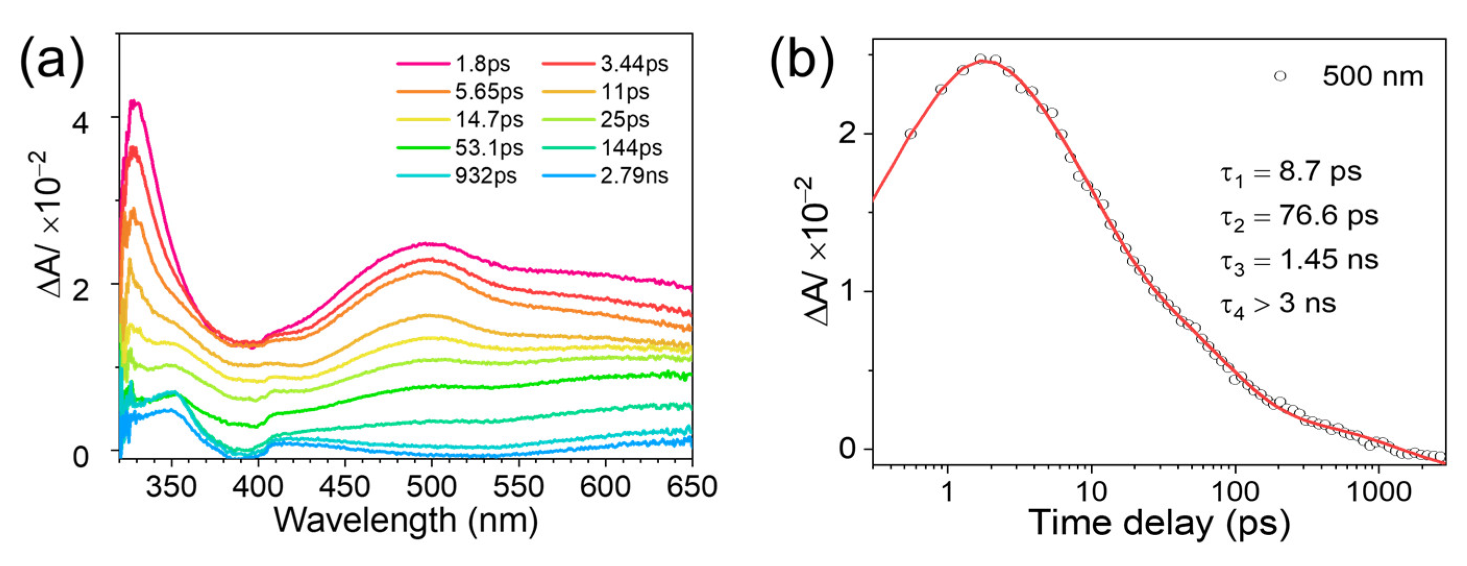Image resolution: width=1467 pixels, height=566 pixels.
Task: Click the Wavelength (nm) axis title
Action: click(405, 521)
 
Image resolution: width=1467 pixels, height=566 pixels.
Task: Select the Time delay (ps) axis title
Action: click(1158, 522)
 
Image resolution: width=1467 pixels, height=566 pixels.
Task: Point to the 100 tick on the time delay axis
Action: click(1234, 491)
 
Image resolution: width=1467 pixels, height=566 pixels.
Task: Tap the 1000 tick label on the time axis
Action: click(1378, 491)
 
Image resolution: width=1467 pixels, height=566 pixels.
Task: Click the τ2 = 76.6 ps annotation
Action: click(1299, 217)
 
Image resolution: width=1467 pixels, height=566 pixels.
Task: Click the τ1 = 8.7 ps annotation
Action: click(1290, 173)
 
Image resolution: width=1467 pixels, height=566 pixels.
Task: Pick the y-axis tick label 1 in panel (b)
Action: click(848, 292)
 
